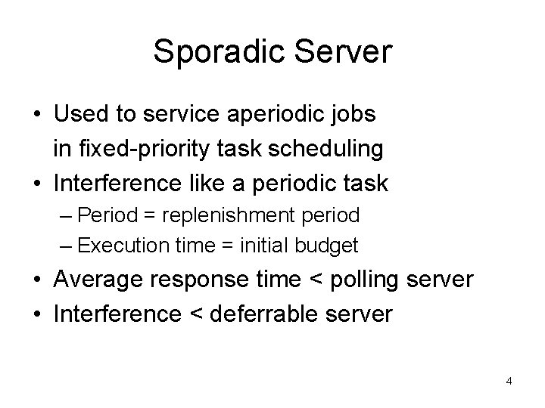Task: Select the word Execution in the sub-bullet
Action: coord(114,245)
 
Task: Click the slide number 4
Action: coord(509,381)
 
